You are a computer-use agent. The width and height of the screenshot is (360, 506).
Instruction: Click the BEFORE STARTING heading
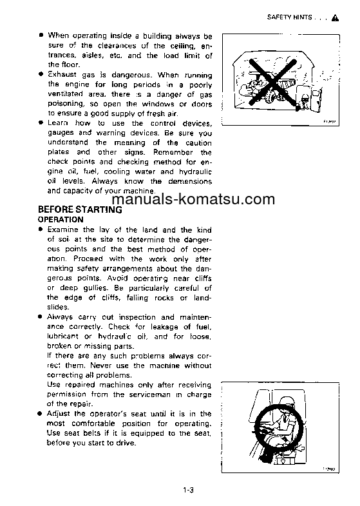pos(80,209)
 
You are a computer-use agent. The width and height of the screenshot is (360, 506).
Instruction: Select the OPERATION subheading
pos(61,220)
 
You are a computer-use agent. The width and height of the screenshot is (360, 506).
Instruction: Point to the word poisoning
pos(68,103)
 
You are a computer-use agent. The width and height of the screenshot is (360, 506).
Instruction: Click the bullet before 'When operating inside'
pos(41,36)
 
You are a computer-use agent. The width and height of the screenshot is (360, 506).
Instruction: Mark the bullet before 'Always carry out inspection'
pos(41,317)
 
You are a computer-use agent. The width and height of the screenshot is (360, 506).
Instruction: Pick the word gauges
pos(61,133)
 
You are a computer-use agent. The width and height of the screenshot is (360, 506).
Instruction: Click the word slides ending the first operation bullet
pos(59,307)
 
